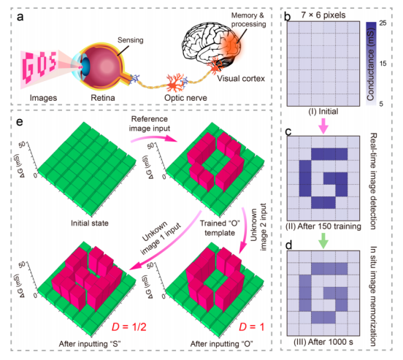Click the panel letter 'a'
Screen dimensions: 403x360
pyautogui.click(x=20, y=17)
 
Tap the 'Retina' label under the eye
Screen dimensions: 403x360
pyautogui.click(x=103, y=98)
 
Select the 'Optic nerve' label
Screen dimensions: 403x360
pyautogui.click(x=185, y=98)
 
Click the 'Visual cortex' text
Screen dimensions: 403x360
pyautogui.click(x=241, y=78)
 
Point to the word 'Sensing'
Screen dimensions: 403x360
pyautogui.click(x=130, y=40)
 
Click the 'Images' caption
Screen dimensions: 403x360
pyautogui.click(x=43, y=98)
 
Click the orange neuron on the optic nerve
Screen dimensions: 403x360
pyautogui.click(x=174, y=83)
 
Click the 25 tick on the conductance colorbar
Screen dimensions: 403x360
pyautogui.click(x=383, y=23)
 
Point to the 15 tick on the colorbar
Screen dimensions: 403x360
pyautogui.click(x=383, y=64)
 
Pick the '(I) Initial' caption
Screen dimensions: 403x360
pyautogui.click(x=323, y=112)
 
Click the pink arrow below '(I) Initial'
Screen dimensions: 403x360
pyautogui.click(x=323, y=126)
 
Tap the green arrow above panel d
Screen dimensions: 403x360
pyautogui.click(x=323, y=241)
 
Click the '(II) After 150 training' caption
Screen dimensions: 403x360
pyautogui.click(x=323, y=226)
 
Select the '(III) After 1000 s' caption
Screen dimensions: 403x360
pyautogui.click(x=323, y=342)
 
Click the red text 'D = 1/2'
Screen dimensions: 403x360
pyautogui.click(x=128, y=327)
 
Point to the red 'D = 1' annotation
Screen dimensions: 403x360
pyautogui.click(x=251, y=327)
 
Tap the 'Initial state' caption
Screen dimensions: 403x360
pyautogui.click(x=90, y=223)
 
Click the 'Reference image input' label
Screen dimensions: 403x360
pyautogui.click(x=150, y=123)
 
